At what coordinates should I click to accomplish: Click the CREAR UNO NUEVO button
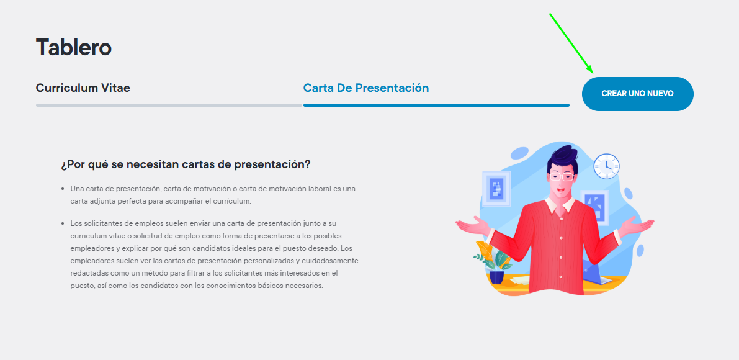638,94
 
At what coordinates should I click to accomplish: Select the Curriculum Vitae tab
83,88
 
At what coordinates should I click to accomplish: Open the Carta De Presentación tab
365,88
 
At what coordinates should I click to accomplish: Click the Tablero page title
73,47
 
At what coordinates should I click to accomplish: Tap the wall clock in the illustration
606,166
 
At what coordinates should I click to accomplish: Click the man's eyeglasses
561,177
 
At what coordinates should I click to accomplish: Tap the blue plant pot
496,276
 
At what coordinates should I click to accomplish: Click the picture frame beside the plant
496,189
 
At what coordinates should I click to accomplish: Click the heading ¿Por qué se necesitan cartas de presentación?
186,165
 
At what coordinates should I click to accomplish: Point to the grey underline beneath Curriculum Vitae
169,105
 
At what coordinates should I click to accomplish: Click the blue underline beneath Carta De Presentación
436,105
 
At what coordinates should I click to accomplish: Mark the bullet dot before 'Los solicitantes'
63,223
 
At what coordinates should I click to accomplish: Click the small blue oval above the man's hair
519,153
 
